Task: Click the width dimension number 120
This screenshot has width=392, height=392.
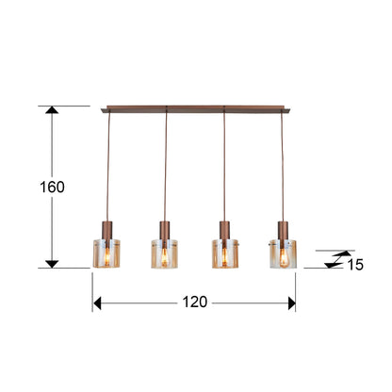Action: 194,303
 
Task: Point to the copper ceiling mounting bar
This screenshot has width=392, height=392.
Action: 195,108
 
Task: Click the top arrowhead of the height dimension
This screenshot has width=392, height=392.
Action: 53,111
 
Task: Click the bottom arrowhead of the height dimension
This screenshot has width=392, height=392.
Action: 53,262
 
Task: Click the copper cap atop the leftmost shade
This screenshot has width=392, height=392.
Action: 108,229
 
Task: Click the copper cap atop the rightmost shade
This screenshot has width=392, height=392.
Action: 282,229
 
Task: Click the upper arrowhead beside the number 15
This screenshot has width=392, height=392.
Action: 331,253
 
